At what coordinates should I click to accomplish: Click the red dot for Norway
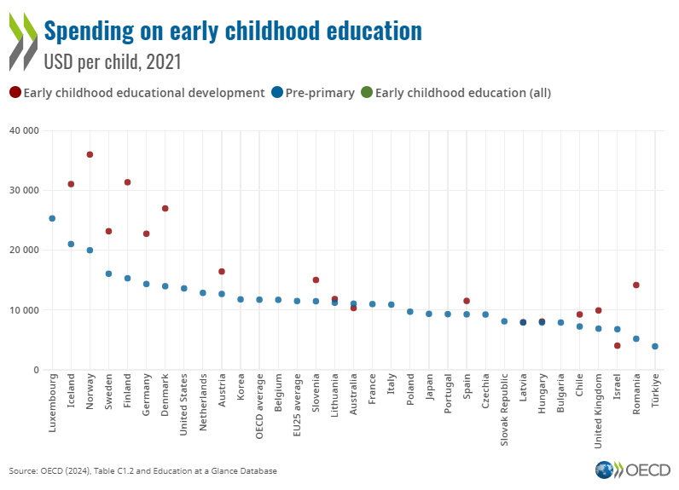point(90,154)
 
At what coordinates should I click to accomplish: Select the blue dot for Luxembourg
point(52,218)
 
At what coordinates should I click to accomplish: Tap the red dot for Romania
point(635,285)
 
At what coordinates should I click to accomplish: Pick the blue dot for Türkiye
point(654,346)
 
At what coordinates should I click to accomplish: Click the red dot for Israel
point(617,345)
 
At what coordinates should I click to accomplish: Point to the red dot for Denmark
point(165,209)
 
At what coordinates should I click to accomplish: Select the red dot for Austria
point(222,272)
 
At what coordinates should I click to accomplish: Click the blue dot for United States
point(183,288)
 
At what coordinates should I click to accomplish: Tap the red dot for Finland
point(127,182)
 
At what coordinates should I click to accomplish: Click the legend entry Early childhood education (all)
point(456,93)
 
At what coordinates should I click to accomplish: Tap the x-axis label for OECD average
point(259,404)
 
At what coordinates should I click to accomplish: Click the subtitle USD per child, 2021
point(112,62)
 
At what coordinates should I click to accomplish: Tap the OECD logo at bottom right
point(634,470)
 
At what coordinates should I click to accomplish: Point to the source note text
point(142,470)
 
